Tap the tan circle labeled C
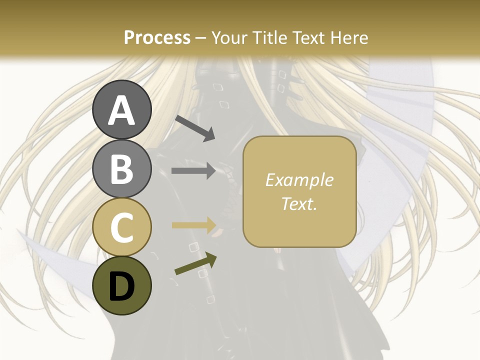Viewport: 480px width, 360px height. coord(122,227)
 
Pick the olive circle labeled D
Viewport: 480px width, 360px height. coord(122,285)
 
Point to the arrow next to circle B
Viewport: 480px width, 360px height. coord(193,171)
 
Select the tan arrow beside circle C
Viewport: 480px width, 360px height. coord(193,225)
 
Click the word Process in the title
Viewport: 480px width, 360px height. coord(157,38)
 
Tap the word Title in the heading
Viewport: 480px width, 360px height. coord(270,38)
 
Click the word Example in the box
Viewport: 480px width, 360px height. coord(299,180)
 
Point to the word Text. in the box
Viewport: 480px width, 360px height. coord(299,203)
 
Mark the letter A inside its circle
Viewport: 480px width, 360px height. coord(122,110)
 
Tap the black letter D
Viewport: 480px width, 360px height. coord(122,286)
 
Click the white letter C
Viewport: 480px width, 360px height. coord(122,228)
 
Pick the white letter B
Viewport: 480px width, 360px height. coord(122,169)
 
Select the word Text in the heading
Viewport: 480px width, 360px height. coord(309,38)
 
